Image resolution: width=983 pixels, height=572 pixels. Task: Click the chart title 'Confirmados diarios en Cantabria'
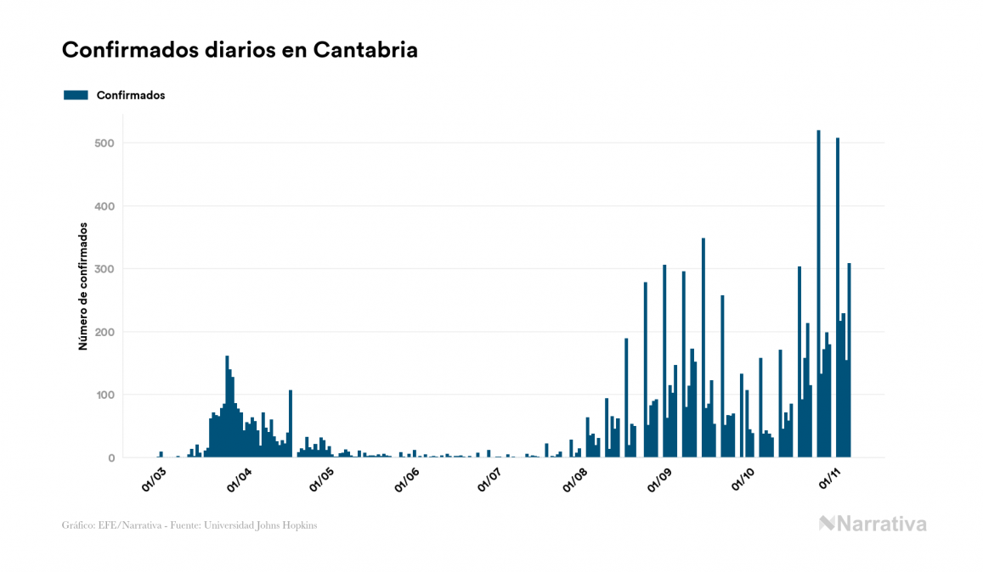pos(240,50)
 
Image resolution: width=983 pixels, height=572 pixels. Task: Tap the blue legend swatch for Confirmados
pos(76,95)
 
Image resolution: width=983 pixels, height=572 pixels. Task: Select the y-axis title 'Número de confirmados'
pos(83,287)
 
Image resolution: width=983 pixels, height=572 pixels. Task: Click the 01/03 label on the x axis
pos(154,478)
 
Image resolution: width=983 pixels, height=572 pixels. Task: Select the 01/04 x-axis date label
pos(238,478)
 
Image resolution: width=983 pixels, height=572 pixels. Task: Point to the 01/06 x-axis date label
pos(406,478)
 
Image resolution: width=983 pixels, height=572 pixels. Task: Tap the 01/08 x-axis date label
pos(575,478)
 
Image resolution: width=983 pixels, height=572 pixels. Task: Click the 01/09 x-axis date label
pos(659,478)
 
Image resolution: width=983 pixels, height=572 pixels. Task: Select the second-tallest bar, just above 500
pos(838,297)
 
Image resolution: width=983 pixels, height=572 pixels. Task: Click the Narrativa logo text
pos(881,524)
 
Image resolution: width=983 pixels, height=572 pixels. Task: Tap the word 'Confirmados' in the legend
pos(131,95)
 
